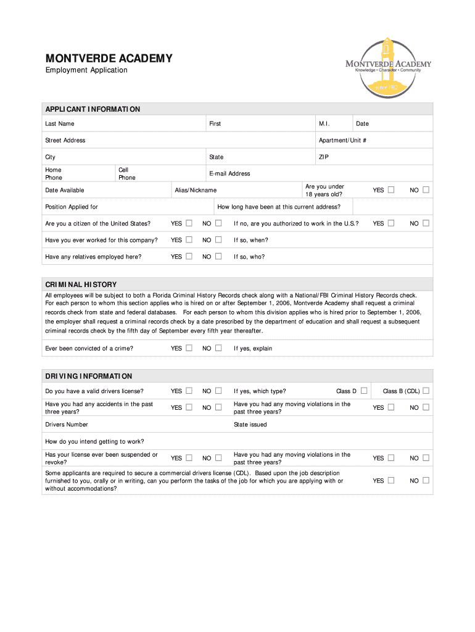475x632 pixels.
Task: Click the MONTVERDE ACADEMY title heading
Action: tap(109, 59)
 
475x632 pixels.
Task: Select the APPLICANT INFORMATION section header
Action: tap(93, 109)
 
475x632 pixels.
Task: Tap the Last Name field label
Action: tap(59, 124)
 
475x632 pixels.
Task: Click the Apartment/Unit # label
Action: tap(342, 141)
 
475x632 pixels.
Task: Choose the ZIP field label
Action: tap(323, 157)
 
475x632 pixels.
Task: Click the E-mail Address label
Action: tap(229, 174)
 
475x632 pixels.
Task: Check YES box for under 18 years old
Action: tap(391, 190)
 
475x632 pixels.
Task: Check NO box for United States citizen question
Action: tap(218, 223)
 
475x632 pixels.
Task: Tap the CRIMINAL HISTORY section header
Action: tap(81, 285)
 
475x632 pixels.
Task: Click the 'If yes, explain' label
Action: tap(252, 349)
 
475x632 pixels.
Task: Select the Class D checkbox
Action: tap(364, 391)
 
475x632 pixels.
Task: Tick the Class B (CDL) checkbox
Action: tap(426, 391)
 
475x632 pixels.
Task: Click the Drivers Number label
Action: tap(67, 425)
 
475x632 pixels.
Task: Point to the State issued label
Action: tap(250, 425)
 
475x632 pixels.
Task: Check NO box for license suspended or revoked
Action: tap(218, 458)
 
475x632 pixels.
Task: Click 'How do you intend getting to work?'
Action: tap(94, 441)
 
